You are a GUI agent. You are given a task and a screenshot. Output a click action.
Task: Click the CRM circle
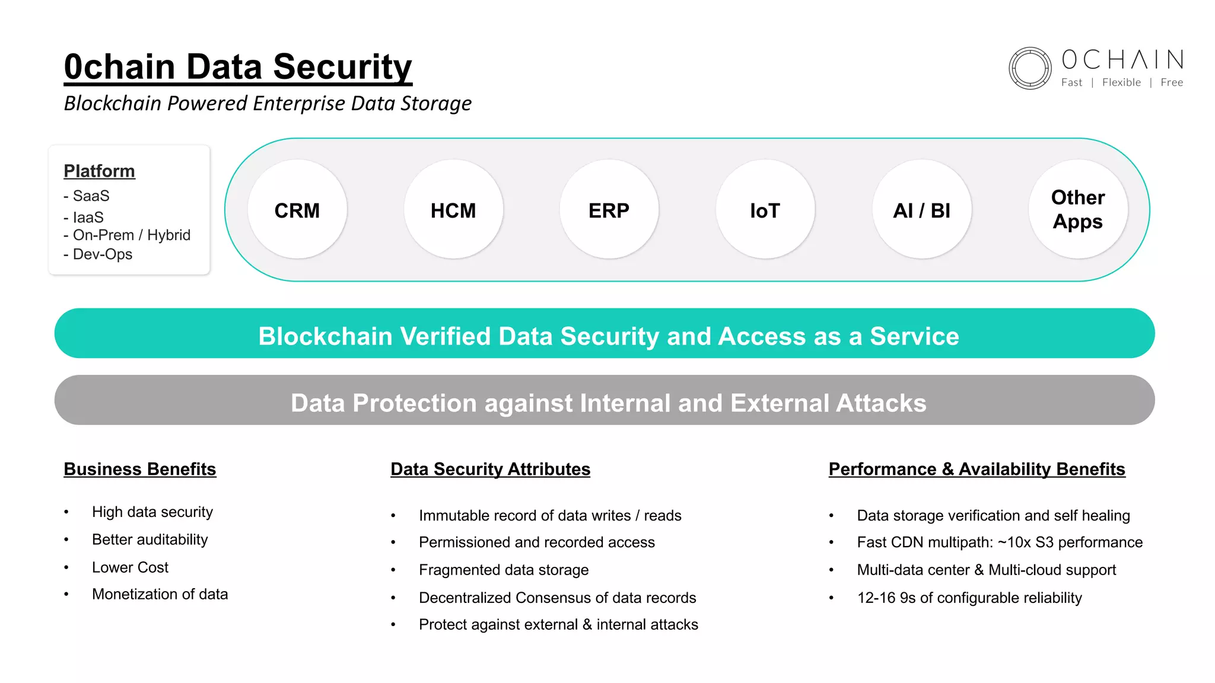(297, 209)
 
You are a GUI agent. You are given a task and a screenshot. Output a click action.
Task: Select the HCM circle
(453, 209)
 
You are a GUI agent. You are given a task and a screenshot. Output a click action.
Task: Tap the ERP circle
(609, 209)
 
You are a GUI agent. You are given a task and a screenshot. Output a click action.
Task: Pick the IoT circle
(765, 209)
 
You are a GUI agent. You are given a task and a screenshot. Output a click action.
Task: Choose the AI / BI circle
(922, 209)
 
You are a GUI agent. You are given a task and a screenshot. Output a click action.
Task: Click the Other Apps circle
(1078, 209)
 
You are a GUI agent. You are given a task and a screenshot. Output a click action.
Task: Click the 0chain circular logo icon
(1030, 68)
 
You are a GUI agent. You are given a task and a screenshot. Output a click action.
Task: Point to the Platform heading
(99, 171)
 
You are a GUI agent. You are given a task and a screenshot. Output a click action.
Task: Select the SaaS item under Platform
(91, 196)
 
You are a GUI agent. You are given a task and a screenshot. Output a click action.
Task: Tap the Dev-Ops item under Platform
(102, 254)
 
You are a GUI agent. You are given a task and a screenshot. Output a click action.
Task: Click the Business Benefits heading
(139, 469)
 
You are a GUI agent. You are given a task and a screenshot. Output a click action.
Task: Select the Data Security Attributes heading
(490, 469)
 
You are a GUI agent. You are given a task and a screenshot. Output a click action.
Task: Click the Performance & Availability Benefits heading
(977, 469)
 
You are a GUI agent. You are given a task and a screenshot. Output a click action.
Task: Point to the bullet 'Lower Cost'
(130, 567)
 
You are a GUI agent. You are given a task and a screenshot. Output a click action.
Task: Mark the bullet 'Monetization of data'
(160, 594)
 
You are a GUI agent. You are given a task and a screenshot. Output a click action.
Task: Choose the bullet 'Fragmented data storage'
(503, 570)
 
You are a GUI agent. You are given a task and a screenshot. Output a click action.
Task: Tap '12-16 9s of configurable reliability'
(969, 598)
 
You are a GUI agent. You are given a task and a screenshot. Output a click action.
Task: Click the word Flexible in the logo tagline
(1121, 82)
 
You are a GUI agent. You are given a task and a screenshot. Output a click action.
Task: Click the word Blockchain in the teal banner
(325, 336)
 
